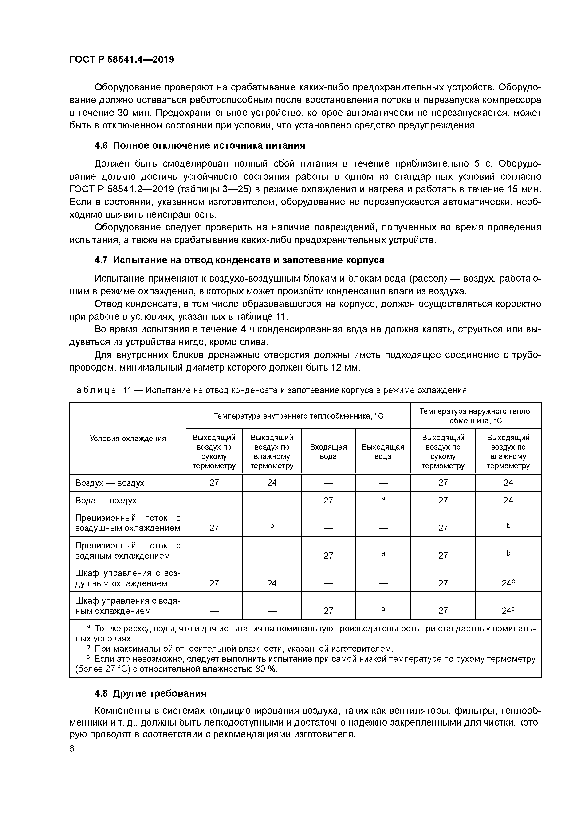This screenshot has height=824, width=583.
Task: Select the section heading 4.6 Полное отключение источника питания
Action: (200, 145)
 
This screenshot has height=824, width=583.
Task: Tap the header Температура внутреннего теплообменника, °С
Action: (298, 416)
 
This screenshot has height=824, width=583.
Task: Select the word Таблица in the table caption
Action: (93, 390)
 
